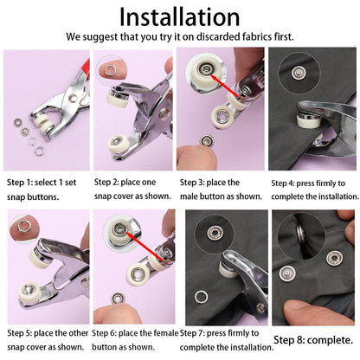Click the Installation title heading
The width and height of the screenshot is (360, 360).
[x=179, y=16]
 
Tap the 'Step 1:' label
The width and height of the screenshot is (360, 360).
[x=22, y=183]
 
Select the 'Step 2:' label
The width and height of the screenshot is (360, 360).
[x=109, y=183]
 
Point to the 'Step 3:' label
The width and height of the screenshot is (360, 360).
[x=196, y=183]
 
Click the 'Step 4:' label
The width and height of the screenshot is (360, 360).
[x=286, y=183]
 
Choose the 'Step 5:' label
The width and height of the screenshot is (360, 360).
[x=22, y=333]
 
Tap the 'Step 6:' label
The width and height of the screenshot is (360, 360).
[x=109, y=333]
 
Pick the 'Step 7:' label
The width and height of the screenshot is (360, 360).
[x=196, y=333]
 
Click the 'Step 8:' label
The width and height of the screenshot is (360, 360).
[x=290, y=341]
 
